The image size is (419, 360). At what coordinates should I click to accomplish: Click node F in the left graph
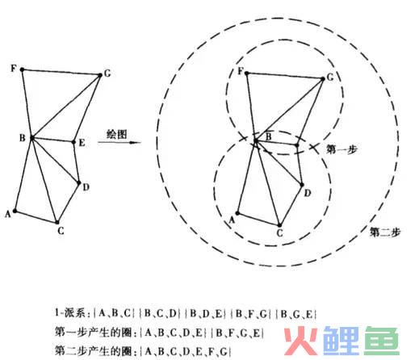(x=23, y=69)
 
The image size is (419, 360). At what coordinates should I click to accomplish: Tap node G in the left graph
(x=100, y=75)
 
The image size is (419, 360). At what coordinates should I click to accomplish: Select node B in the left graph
(x=32, y=138)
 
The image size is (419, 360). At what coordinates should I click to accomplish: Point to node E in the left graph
(x=73, y=142)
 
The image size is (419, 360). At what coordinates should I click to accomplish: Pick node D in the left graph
(x=79, y=183)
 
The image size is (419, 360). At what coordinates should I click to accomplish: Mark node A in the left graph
(x=15, y=211)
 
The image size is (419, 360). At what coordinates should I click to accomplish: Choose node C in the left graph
(x=57, y=223)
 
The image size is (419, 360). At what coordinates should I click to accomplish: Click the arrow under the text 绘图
(x=119, y=142)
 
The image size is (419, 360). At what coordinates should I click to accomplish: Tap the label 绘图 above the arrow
(x=116, y=134)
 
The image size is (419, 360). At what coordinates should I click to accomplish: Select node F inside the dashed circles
(x=246, y=73)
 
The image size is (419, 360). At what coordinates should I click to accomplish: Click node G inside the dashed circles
(x=323, y=79)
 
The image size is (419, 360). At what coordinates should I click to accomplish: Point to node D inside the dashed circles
(x=302, y=185)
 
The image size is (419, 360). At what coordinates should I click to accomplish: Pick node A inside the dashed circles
(x=237, y=213)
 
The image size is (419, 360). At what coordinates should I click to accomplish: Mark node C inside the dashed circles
(x=279, y=225)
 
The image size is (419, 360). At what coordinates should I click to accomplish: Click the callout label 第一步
(x=341, y=149)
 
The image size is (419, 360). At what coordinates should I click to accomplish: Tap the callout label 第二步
(x=385, y=232)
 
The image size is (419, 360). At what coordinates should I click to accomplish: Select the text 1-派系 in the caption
(x=70, y=313)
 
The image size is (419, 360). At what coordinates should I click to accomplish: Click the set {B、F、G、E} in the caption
(x=237, y=333)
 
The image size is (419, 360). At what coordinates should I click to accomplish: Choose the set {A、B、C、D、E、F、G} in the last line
(x=186, y=351)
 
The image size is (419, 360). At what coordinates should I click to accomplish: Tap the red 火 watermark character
(x=300, y=341)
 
